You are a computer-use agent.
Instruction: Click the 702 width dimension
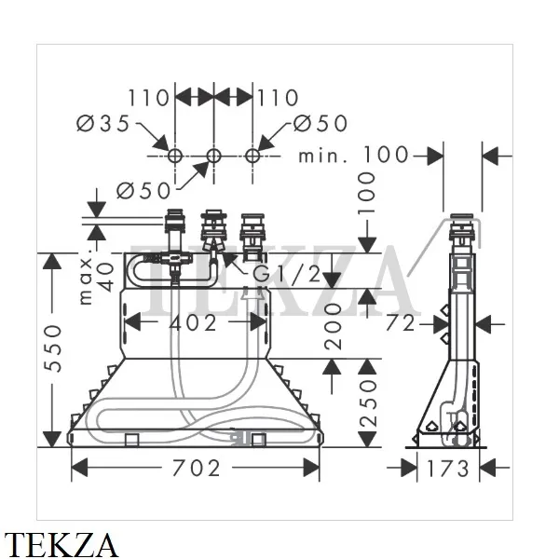point(196,468)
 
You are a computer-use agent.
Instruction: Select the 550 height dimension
point(52,348)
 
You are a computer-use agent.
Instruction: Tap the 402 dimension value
point(193,323)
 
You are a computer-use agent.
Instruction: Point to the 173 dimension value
point(447,469)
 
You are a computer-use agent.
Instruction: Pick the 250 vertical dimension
point(368,403)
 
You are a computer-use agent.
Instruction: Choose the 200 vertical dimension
point(333,326)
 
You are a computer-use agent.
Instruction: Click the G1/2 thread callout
point(287,274)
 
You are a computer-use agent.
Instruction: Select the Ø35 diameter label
point(103,123)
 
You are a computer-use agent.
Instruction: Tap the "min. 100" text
point(353,155)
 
